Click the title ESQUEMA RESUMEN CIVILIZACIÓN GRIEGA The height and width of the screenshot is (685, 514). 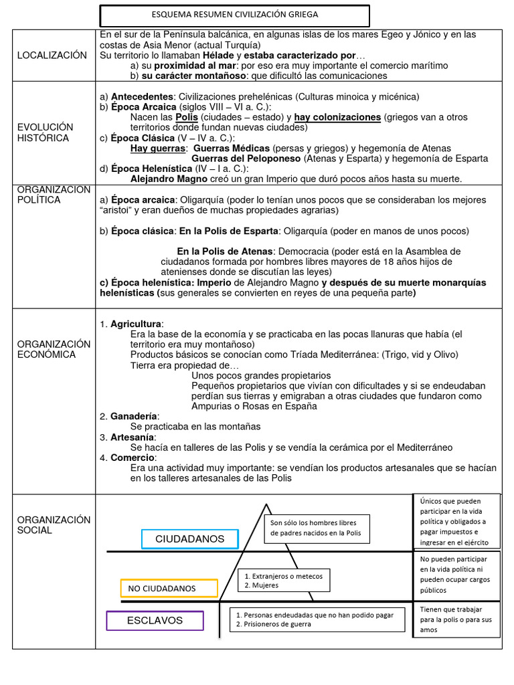235,14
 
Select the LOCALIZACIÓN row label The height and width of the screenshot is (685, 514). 52,55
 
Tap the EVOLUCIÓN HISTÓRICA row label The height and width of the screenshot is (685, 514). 46,132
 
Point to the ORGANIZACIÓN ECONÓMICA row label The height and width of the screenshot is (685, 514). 54,349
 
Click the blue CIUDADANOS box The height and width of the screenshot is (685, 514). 189,539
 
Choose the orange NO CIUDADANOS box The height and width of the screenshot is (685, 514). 169,589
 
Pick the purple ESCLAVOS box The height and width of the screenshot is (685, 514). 155,621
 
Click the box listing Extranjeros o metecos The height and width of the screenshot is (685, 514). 284,581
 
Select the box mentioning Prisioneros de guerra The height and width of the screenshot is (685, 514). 318,619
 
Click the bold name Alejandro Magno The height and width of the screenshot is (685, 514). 167,179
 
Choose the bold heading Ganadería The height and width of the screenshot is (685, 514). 134,416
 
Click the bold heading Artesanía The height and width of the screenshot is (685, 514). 132,437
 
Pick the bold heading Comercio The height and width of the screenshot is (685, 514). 132,458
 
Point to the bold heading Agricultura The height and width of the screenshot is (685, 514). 136,324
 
